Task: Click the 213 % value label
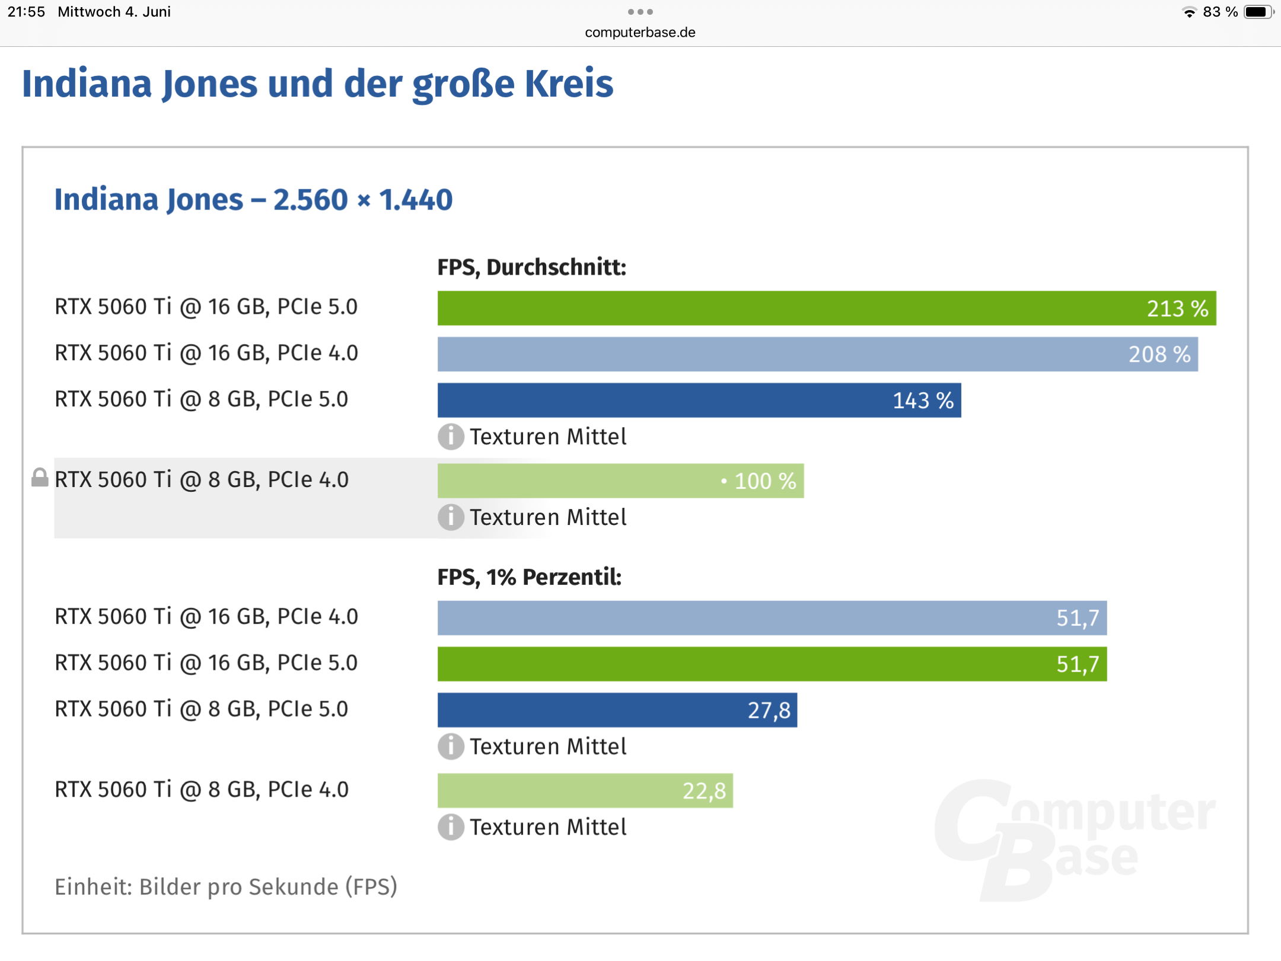pos(1177,308)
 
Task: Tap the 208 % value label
pos(1159,355)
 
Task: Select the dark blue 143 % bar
pos(699,400)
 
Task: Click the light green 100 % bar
pos(620,481)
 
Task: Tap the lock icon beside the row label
pos(40,478)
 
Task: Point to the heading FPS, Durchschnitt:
pos(531,268)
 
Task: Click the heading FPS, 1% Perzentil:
pos(529,577)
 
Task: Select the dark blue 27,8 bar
pos(617,710)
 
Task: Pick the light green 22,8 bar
pos(585,791)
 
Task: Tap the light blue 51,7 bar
pos(772,618)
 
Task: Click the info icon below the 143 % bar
pos(451,437)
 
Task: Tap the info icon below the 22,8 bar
pos(451,828)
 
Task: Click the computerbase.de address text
pos(640,33)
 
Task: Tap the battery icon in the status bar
pos(1258,12)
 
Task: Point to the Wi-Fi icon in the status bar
pos(1189,12)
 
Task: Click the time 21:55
pos(26,12)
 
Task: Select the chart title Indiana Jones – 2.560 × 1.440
pos(253,200)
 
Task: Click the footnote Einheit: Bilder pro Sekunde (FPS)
pos(226,887)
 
